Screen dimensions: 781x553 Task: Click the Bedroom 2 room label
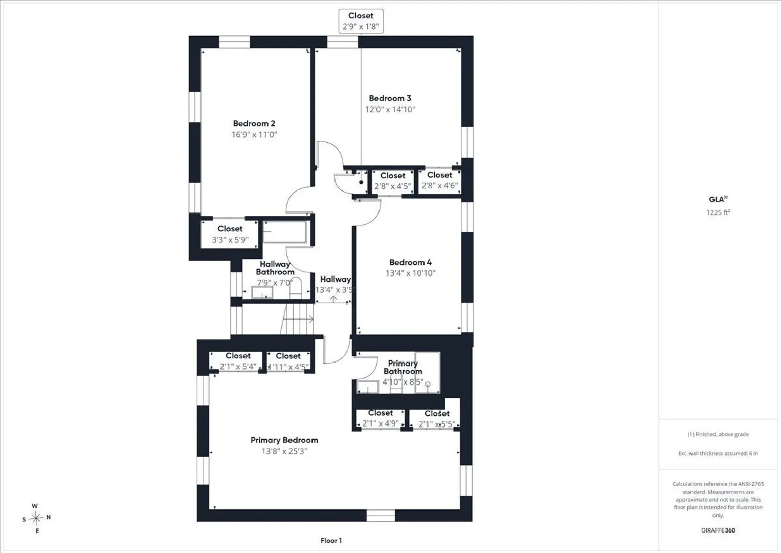tap(254, 123)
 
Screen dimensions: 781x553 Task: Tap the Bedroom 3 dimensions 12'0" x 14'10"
tap(390, 109)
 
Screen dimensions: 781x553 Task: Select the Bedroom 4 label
tap(410, 262)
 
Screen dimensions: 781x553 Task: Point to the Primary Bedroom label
tap(284, 440)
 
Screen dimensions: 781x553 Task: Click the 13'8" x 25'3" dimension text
tap(284, 451)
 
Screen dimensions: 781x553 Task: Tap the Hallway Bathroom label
tap(275, 268)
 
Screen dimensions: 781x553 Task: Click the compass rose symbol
tap(36, 518)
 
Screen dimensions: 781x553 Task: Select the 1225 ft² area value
tap(718, 212)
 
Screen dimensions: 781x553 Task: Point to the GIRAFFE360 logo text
tap(718, 530)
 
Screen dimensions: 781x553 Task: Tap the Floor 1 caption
tap(331, 540)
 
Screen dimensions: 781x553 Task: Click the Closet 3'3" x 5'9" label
tap(230, 235)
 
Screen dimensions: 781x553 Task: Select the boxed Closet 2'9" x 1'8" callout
tap(361, 22)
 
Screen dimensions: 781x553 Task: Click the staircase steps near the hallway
tap(297, 319)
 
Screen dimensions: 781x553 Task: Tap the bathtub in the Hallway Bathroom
tap(284, 231)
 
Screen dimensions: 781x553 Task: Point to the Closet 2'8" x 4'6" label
tap(439, 180)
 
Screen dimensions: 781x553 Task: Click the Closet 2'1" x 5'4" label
tap(238, 361)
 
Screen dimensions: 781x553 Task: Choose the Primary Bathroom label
tap(403, 367)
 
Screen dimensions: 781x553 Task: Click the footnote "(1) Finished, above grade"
tap(718, 434)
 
